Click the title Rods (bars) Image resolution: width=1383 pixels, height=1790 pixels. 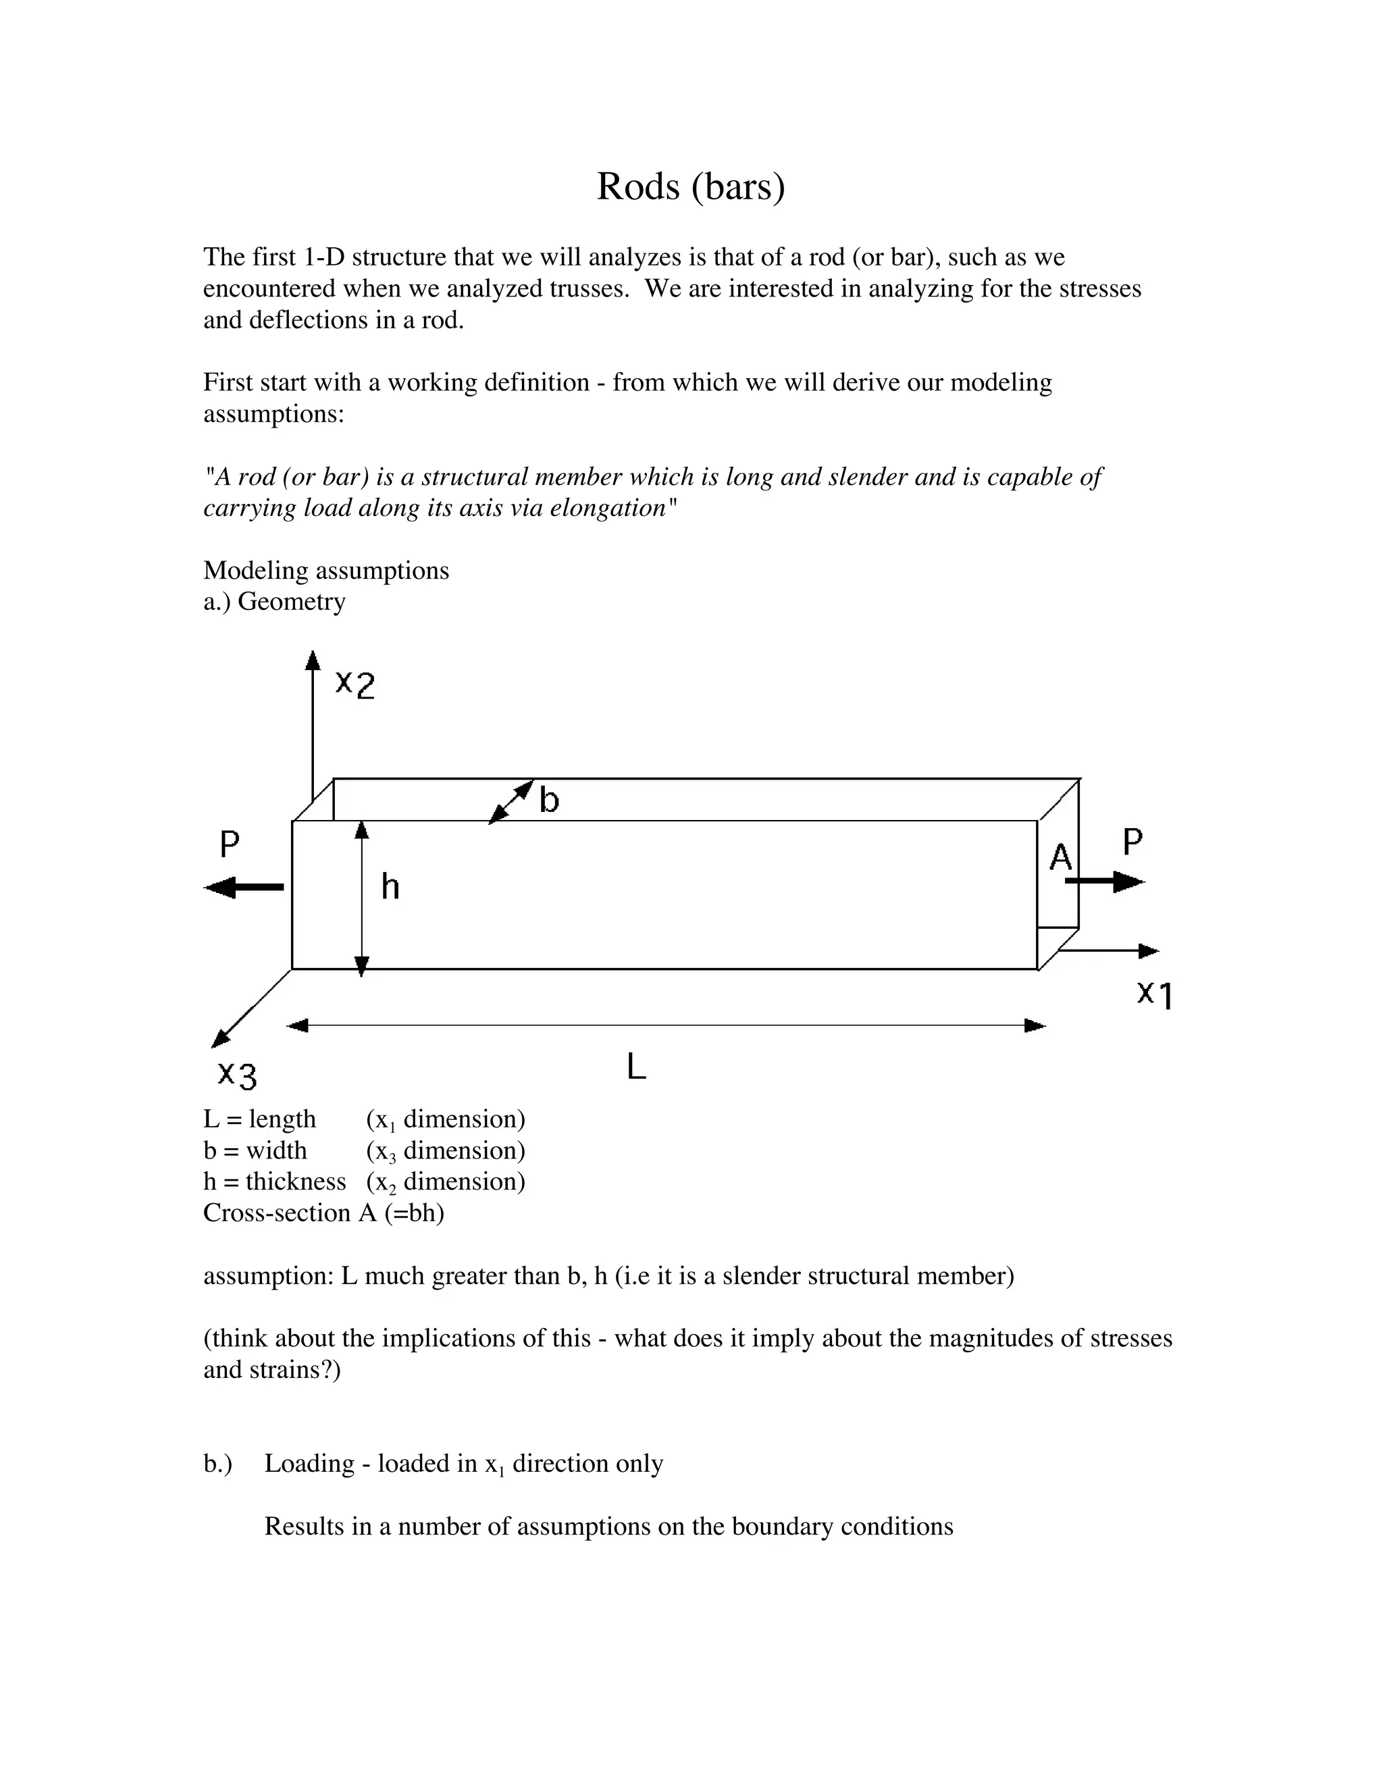pyautogui.click(x=691, y=187)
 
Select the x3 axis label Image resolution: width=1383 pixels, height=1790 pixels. pyautogui.click(x=238, y=1074)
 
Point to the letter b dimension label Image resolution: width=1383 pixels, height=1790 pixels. pyautogui.click(x=549, y=799)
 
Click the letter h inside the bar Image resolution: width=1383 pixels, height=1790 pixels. pyautogui.click(x=390, y=887)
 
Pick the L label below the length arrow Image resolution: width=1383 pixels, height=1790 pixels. pyautogui.click(x=637, y=1067)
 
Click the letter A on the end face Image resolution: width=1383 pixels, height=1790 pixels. pyautogui.click(x=1060, y=858)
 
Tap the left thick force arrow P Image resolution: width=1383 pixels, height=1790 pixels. pyautogui.click(x=244, y=887)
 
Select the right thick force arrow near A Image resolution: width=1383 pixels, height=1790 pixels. pyautogui.click(x=1106, y=882)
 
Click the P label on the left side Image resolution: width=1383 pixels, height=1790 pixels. pyautogui.click(x=230, y=844)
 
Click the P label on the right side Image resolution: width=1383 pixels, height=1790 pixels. pyautogui.click(x=1132, y=842)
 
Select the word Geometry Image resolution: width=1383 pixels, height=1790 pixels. pyautogui.click(x=291, y=602)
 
